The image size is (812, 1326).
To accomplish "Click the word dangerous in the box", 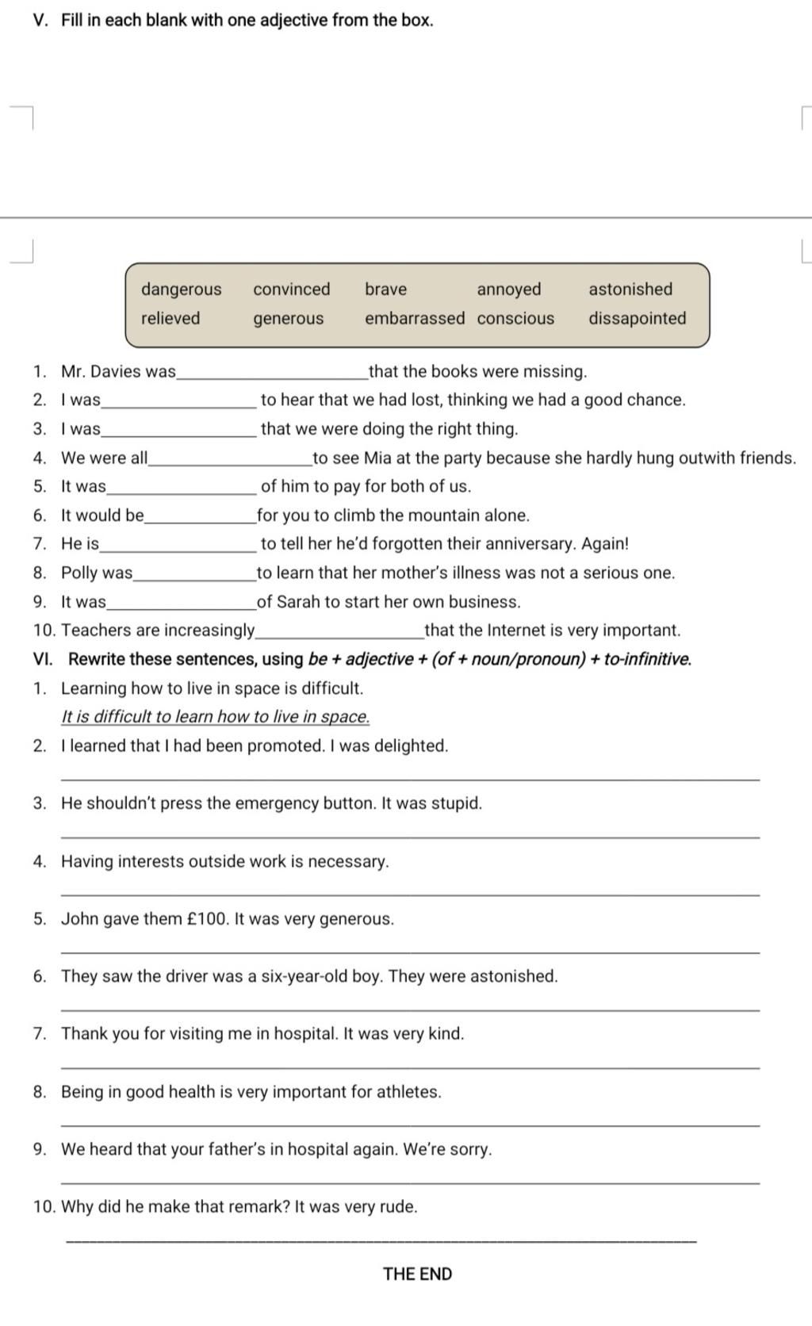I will [x=181, y=289].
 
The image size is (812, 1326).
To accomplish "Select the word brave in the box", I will [x=385, y=289].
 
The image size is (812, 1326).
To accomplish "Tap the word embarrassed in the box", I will [x=415, y=319].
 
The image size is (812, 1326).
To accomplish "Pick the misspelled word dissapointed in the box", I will [x=637, y=319].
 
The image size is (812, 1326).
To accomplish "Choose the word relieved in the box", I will [x=170, y=319].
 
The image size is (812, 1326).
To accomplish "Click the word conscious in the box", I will [x=515, y=319].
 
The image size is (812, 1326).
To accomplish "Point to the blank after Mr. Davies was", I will [x=272, y=374].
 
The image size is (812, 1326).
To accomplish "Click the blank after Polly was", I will [x=194, y=576].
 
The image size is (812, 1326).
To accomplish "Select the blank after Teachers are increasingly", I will [x=339, y=633].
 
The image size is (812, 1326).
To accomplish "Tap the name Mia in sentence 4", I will [x=377, y=458].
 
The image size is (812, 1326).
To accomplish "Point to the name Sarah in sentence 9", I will [x=297, y=602].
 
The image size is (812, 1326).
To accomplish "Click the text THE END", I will [x=417, y=1274].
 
